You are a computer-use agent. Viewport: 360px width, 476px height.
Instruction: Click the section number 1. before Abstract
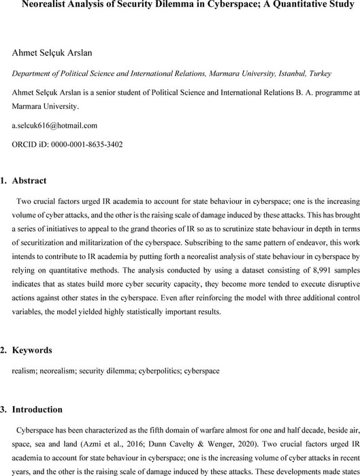coord(18,180)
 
